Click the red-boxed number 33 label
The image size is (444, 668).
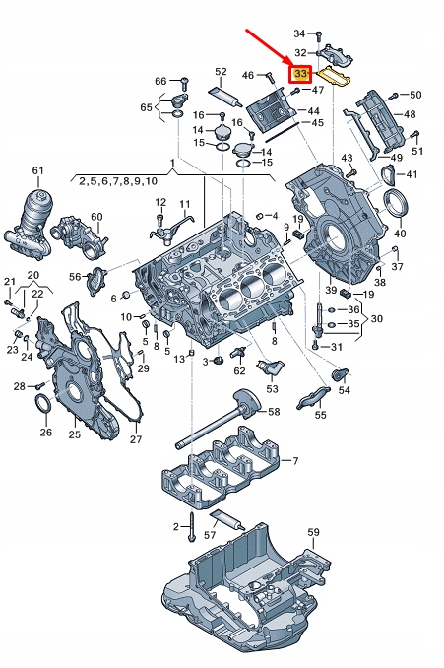point(300,73)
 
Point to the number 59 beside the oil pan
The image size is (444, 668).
point(313,533)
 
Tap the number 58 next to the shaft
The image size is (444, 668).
point(273,411)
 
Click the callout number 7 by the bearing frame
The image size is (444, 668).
point(293,461)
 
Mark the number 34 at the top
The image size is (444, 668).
point(299,33)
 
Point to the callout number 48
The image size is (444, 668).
point(409,114)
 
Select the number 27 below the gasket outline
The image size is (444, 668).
point(136,439)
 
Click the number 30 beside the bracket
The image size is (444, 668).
point(378,319)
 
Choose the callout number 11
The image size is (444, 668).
point(183,204)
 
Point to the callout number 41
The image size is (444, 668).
point(412,175)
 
